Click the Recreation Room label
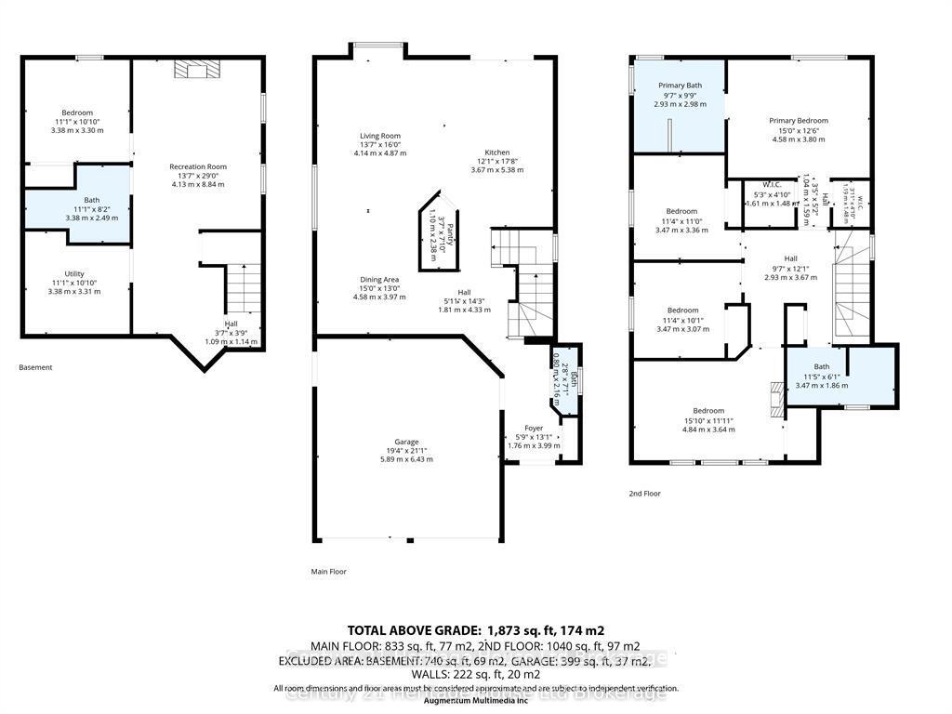198,167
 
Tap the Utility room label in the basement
74,274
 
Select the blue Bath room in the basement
76,205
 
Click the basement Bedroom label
77,113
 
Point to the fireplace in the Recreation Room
195,71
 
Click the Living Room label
380,136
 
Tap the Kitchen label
497,153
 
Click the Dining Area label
380,279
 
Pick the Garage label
406,442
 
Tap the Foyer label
534,429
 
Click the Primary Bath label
680,86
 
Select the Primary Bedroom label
798,121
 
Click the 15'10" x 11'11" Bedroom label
707,410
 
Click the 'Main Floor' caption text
328,572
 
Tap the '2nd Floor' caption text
644,494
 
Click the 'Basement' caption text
35,367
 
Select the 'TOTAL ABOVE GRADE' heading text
410,629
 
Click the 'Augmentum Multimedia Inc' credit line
475,699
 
